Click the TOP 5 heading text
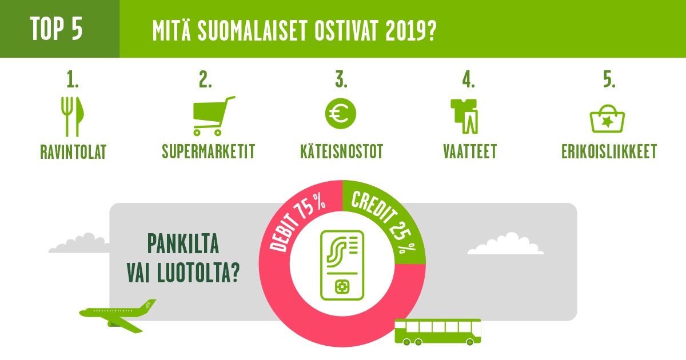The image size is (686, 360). tap(57, 29)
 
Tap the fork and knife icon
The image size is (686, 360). tap(73, 117)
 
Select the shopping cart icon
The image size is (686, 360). tap(214, 115)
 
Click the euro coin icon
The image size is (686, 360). tap(341, 114)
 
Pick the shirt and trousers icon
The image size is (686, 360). tap(464, 117)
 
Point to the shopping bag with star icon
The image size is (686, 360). tap(607, 119)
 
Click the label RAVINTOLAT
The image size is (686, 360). tap(73, 152)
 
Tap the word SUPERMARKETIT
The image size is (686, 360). tap(208, 151)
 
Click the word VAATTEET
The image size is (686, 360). tap(470, 151)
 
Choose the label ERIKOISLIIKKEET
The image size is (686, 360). tap(609, 151)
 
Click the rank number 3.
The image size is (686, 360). tap(341, 79)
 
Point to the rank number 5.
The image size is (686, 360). tap(609, 79)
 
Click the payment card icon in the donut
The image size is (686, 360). tap(342, 265)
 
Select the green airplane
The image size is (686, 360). tap(118, 316)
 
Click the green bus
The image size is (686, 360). tap(438, 332)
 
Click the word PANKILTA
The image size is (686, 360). tap(183, 243)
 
